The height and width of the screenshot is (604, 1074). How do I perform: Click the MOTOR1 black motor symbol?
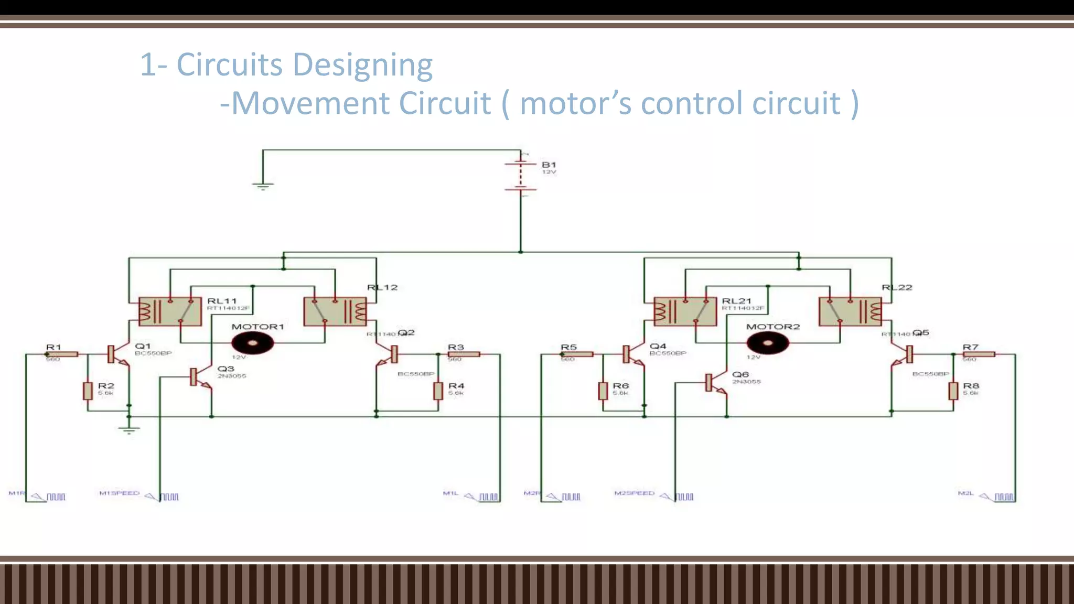(x=252, y=343)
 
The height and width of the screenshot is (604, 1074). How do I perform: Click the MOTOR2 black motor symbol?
(x=767, y=343)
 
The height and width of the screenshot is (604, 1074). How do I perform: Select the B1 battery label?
(x=549, y=165)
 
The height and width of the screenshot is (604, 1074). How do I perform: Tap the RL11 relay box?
(x=170, y=311)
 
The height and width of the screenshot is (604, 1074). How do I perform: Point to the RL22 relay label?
(x=897, y=287)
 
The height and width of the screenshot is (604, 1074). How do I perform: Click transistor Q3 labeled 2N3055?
(x=195, y=377)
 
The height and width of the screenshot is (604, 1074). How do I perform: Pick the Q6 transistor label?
(x=740, y=374)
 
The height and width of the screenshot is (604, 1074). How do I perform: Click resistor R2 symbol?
(x=88, y=391)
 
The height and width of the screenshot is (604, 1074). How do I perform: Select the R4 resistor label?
(x=456, y=386)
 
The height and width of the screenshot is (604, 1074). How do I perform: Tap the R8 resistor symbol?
(x=953, y=391)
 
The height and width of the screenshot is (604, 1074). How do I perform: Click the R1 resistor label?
(x=53, y=347)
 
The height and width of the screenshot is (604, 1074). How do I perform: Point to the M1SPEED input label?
(x=120, y=493)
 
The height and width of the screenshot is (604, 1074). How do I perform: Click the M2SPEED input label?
(x=634, y=493)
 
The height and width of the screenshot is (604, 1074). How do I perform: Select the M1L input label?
(x=450, y=493)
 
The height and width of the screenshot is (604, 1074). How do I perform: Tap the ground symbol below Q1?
(x=129, y=430)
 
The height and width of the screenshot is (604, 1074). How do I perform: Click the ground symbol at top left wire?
(x=263, y=186)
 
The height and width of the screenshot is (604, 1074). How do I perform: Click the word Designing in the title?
(x=362, y=65)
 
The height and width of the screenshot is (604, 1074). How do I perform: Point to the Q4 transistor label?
(x=658, y=346)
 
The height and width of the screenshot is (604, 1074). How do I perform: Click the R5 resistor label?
(x=568, y=347)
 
